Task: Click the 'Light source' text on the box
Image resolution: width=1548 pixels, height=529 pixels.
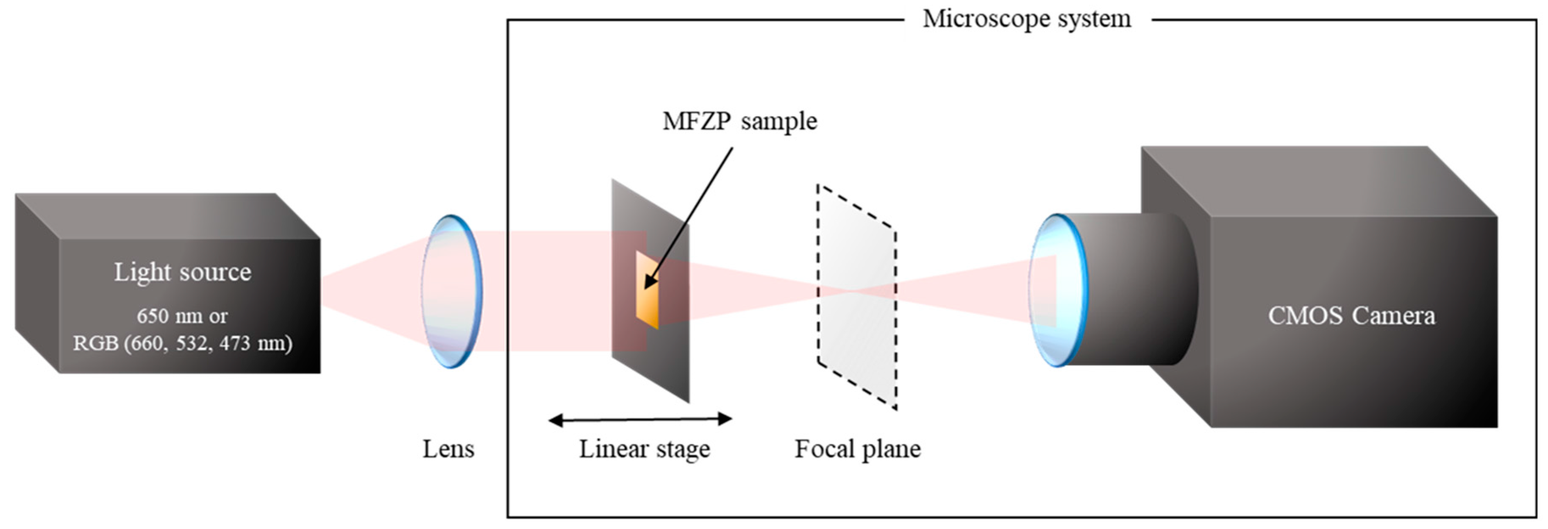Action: click(183, 272)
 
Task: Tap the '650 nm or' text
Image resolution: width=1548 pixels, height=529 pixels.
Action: click(182, 316)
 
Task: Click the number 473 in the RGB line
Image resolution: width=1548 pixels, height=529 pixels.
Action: click(234, 343)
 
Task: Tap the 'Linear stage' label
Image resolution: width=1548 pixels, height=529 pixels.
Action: click(644, 449)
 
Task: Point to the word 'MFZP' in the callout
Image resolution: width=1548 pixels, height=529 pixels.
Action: click(697, 121)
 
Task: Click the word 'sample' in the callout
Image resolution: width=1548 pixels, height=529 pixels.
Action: click(779, 121)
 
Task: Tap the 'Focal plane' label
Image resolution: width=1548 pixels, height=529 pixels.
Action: click(858, 449)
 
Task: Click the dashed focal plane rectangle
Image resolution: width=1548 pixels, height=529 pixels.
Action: click(856, 337)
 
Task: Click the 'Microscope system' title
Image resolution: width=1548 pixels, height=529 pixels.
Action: click(1026, 19)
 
